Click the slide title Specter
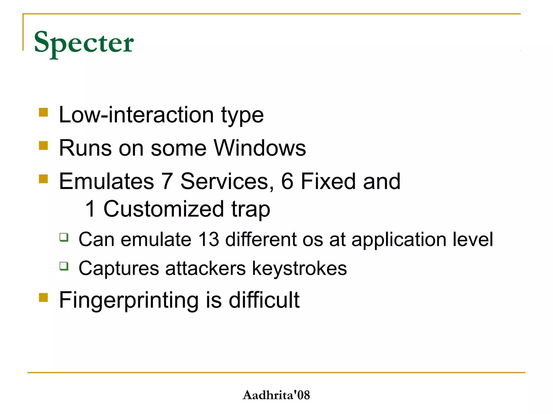coord(84,43)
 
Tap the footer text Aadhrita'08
coord(276,395)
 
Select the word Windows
coord(260,148)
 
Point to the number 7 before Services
coord(167,181)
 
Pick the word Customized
coord(164,209)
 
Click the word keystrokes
coord(299,268)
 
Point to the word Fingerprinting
coord(129,300)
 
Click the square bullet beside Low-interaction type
coord(43,112)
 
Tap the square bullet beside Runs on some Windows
coord(43,146)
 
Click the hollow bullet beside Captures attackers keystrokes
coord(64,266)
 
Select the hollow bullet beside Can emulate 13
coord(64,237)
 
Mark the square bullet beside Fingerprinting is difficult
coord(43,298)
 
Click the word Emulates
coord(106,181)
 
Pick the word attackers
coord(205,268)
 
